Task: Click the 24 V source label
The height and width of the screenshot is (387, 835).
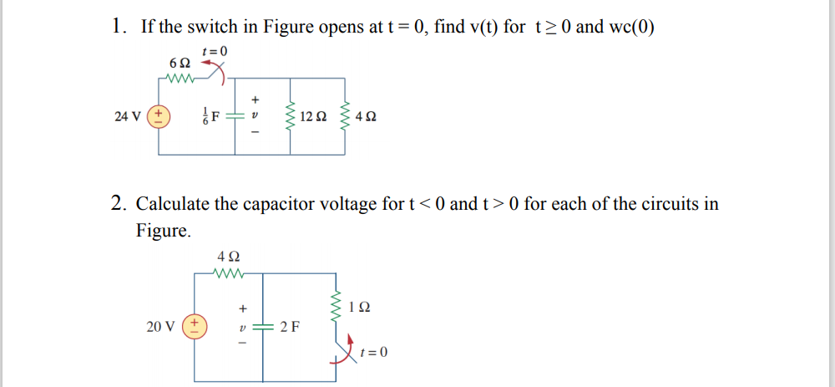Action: click(129, 116)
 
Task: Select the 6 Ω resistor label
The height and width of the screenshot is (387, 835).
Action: click(179, 64)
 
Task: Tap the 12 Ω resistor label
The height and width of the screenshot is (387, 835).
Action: click(314, 116)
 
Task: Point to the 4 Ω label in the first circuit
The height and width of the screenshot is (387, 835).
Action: click(365, 116)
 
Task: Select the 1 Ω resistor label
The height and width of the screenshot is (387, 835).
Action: click(362, 307)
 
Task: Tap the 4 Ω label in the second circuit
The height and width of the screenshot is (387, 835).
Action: click(227, 256)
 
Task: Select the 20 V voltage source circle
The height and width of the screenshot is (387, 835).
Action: click(194, 326)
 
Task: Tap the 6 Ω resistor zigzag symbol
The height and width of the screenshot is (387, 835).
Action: click(180, 80)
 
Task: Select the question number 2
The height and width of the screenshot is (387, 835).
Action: click(119, 203)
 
